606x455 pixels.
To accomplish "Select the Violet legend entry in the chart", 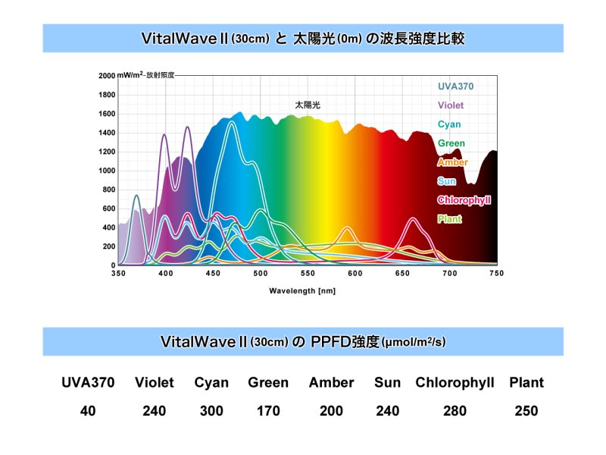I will pyautogui.click(x=451, y=105).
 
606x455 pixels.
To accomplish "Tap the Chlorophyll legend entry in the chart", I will pyautogui.click(x=464, y=200).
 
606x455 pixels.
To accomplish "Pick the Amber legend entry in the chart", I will pyautogui.click(x=452, y=162).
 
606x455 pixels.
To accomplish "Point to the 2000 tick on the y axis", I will pyautogui.click(x=107, y=76).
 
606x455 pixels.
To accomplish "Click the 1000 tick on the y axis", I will pyautogui.click(x=107, y=171).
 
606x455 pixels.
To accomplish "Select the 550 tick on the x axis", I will pyautogui.click(x=308, y=272).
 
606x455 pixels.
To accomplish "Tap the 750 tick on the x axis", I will pyautogui.click(x=497, y=272).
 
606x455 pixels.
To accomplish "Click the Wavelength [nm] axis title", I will pyautogui.click(x=301, y=290).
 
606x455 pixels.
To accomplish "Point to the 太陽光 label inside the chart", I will pyautogui.click(x=308, y=105).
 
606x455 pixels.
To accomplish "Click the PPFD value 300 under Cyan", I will pyautogui.click(x=211, y=411).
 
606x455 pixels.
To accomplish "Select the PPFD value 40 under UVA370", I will pyautogui.click(x=88, y=411).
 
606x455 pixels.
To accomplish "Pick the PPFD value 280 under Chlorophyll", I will pyautogui.click(x=454, y=411).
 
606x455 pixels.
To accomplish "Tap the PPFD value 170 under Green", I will pyautogui.click(x=268, y=411).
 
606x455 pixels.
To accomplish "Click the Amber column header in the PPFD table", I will pyautogui.click(x=332, y=383).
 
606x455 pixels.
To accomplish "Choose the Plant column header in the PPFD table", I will pyautogui.click(x=526, y=383).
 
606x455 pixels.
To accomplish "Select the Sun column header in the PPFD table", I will pyautogui.click(x=387, y=383).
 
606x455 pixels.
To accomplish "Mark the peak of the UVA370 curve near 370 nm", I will pyautogui.click(x=136, y=196).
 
